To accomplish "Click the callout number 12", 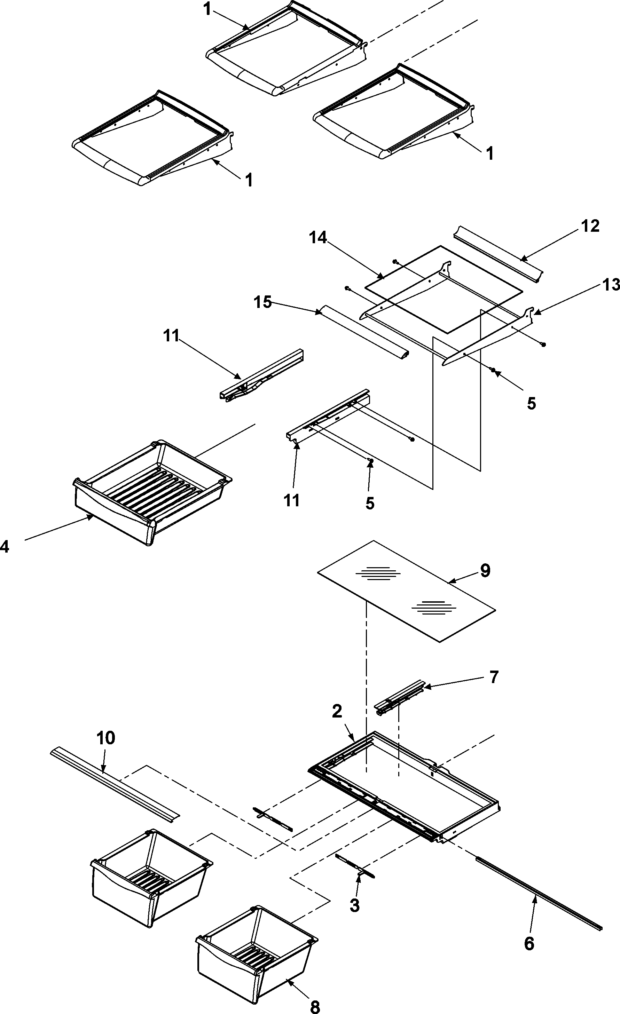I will point(590,226).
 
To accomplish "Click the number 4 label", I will point(5,547).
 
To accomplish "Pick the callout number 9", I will point(485,571).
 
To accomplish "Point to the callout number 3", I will point(354,905).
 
